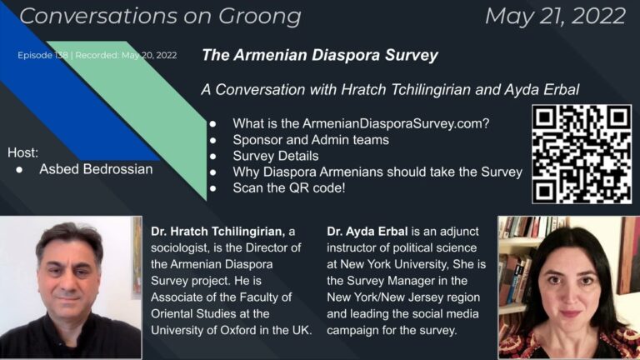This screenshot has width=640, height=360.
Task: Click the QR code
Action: click(581, 153)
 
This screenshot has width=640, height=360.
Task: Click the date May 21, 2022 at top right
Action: click(554, 15)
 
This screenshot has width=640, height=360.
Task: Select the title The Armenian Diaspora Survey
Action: click(320, 56)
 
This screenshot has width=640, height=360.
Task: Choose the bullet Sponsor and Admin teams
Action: click(311, 140)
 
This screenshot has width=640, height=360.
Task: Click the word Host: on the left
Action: click(23, 152)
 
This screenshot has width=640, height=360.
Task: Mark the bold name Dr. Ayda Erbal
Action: click(367, 230)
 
